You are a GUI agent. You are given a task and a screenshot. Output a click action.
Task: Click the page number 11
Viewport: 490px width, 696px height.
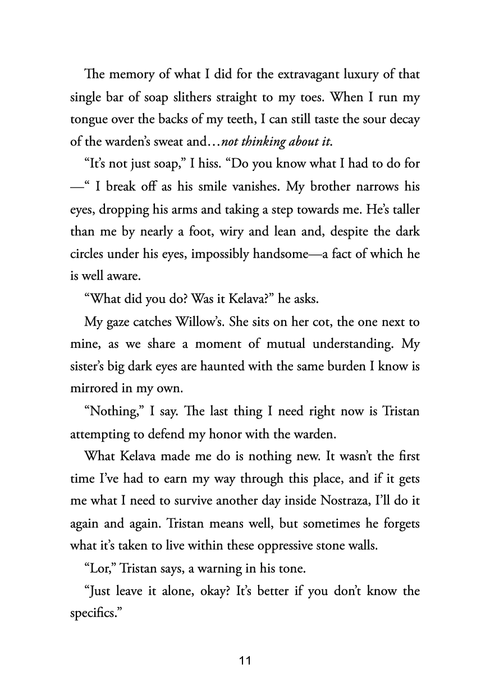click(x=245, y=661)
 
